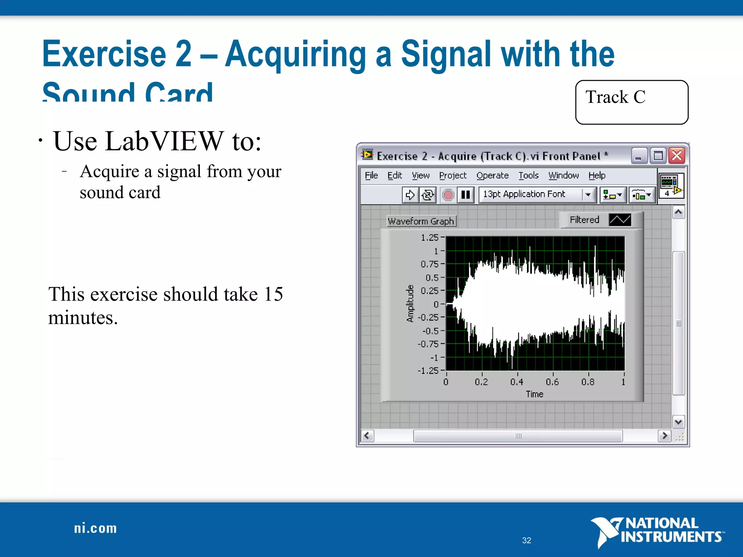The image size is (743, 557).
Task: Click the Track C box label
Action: (x=615, y=98)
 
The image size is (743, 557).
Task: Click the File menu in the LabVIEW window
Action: (x=371, y=176)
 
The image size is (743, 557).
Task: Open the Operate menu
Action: (x=492, y=176)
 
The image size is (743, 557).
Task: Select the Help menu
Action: (x=597, y=176)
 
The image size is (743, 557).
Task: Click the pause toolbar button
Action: (x=465, y=195)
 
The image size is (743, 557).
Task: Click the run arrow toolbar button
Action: (x=410, y=195)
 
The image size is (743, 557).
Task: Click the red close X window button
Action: (x=677, y=156)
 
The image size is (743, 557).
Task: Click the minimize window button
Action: (x=639, y=156)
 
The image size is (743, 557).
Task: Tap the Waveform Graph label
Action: (x=421, y=221)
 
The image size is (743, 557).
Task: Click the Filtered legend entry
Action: (x=584, y=220)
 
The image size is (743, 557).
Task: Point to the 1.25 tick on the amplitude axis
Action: (x=430, y=238)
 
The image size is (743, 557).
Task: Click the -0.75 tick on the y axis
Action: (x=428, y=344)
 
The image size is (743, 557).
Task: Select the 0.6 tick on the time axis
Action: (x=552, y=382)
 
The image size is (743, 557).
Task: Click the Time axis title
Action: (x=534, y=394)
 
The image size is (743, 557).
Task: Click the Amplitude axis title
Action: (x=410, y=304)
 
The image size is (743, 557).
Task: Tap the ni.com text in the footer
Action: (x=95, y=528)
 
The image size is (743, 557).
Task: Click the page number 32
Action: (x=526, y=540)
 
